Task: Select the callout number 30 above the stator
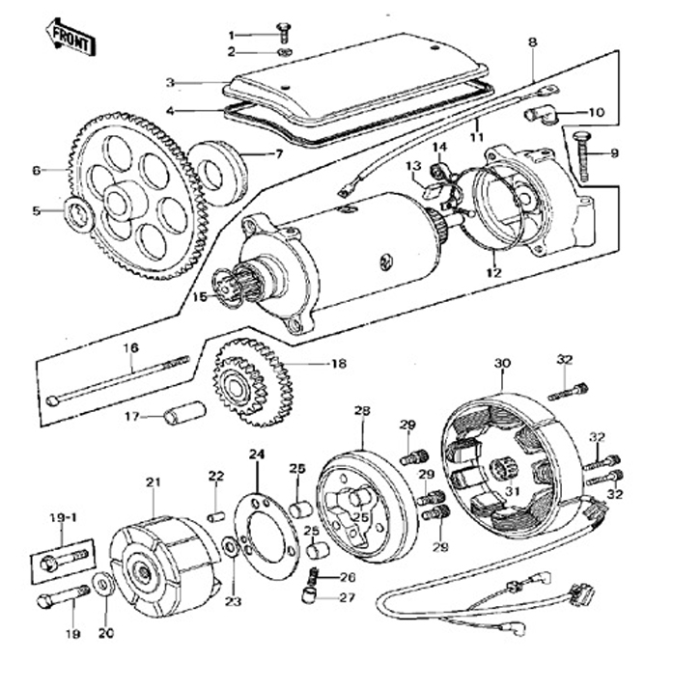[501, 363]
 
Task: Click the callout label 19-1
[63, 516]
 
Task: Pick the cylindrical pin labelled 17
[184, 417]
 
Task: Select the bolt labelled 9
[582, 157]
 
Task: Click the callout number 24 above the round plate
[256, 454]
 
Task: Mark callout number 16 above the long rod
[130, 347]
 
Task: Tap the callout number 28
[362, 410]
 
